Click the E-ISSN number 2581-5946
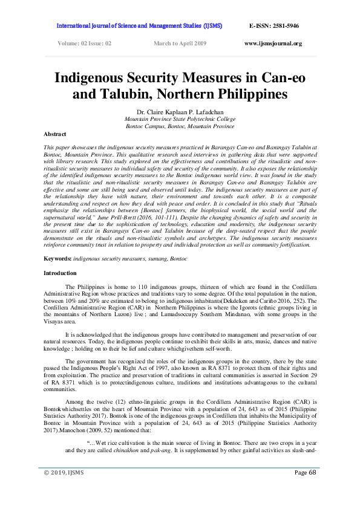pyautogui.click(x=283, y=27)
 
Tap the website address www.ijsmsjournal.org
pyautogui.click(x=273, y=44)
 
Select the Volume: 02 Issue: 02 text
pyautogui.click(x=85, y=44)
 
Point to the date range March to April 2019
pyautogui.click(x=180, y=44)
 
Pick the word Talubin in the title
pyautogui.click(x=125, y=95)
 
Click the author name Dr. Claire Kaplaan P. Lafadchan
pyautogui.click(x=179, y=111)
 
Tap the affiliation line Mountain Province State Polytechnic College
pyautogui.click(x=180, y=119)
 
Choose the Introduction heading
pyautogui.click(x=60, y=273)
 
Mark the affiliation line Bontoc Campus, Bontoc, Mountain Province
pyautogui.click(x=180, y=126)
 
